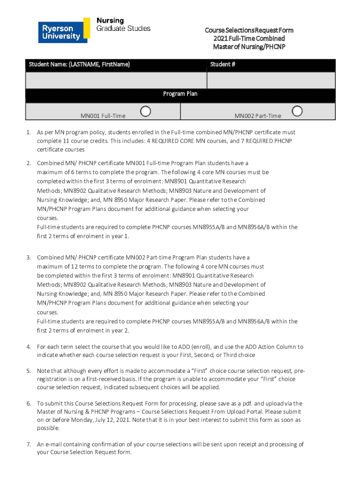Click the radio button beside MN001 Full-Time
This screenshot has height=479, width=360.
pos(146,111)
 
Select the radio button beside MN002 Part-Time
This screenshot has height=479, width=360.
pos(297,111)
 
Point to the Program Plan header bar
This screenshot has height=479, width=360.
pos(180,94)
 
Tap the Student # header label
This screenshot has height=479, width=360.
pos(223,65)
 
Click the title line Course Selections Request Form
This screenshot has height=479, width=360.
pos(249,30)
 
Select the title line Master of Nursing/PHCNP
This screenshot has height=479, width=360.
pos(249,47)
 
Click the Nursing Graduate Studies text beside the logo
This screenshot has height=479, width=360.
pos(123,25)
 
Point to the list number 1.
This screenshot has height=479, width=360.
pos(29,133)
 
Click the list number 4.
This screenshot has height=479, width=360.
pos(29,347)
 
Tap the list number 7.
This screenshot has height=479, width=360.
pos(29,444)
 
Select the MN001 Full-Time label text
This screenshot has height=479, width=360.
pos(103,116)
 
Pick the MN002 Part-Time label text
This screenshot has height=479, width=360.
pos(258,116)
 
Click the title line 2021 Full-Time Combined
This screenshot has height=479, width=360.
pos(249,38)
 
